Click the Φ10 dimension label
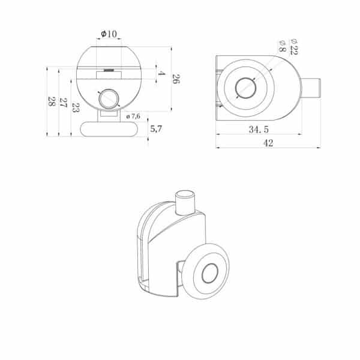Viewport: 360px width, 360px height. click(109, 34)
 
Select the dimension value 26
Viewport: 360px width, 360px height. click(176, 79)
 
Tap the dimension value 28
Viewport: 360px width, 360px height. click(52, 101)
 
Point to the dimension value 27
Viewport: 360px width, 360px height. click(63, 103)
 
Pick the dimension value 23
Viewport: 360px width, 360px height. click(76, 107)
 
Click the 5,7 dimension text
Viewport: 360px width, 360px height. click(156, 129)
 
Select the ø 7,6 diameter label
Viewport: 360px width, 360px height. click(133, 116)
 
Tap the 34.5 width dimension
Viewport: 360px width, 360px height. click(259, 130)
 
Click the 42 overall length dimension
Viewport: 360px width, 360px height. click(268, 143)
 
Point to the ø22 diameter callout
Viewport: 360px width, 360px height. click(293, 47)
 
